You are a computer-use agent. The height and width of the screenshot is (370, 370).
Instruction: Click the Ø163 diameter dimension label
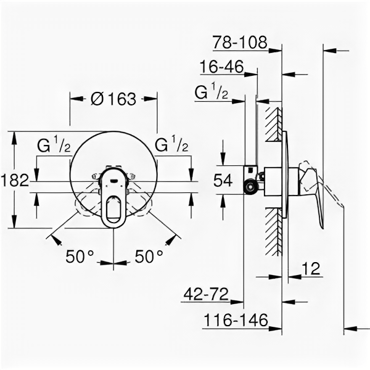click(x=113, y=99)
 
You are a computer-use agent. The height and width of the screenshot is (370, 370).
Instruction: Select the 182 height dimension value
click(x=15, y=180)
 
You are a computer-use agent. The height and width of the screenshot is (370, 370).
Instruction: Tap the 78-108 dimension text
click(x=240, y=42)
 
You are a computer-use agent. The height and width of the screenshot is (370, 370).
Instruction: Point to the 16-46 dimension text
click(x=221, y=67)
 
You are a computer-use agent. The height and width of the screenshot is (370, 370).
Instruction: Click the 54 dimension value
click(x=223, y=180)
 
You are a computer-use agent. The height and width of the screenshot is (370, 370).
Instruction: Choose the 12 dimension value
click(x=311, y=268)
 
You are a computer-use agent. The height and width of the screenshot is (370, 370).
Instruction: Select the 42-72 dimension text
click(x=206, y=294)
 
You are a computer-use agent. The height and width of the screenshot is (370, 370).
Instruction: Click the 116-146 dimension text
click(x=236, y=320)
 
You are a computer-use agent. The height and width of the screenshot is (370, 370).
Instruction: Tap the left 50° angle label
click(x=80, y=257)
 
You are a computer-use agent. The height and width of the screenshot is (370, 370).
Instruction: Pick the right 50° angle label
click(x=149, y=257)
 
